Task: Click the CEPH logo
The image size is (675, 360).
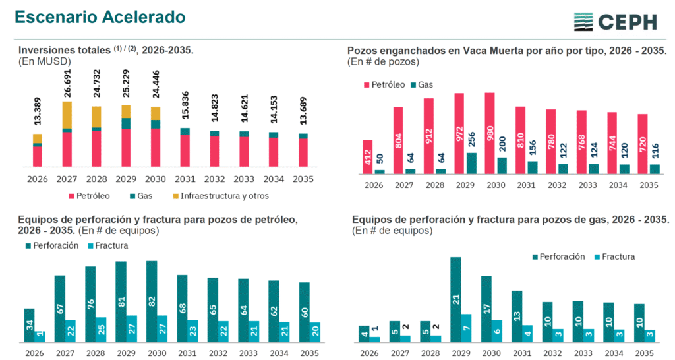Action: (614, 21)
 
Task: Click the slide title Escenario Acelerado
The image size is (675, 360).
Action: (100, 17)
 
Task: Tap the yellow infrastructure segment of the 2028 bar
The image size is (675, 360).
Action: (96, 117)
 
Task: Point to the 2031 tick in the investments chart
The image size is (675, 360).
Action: (185, 178)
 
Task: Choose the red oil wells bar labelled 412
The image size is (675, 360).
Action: (368, 157)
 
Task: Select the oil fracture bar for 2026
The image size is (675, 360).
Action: (40, 336)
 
